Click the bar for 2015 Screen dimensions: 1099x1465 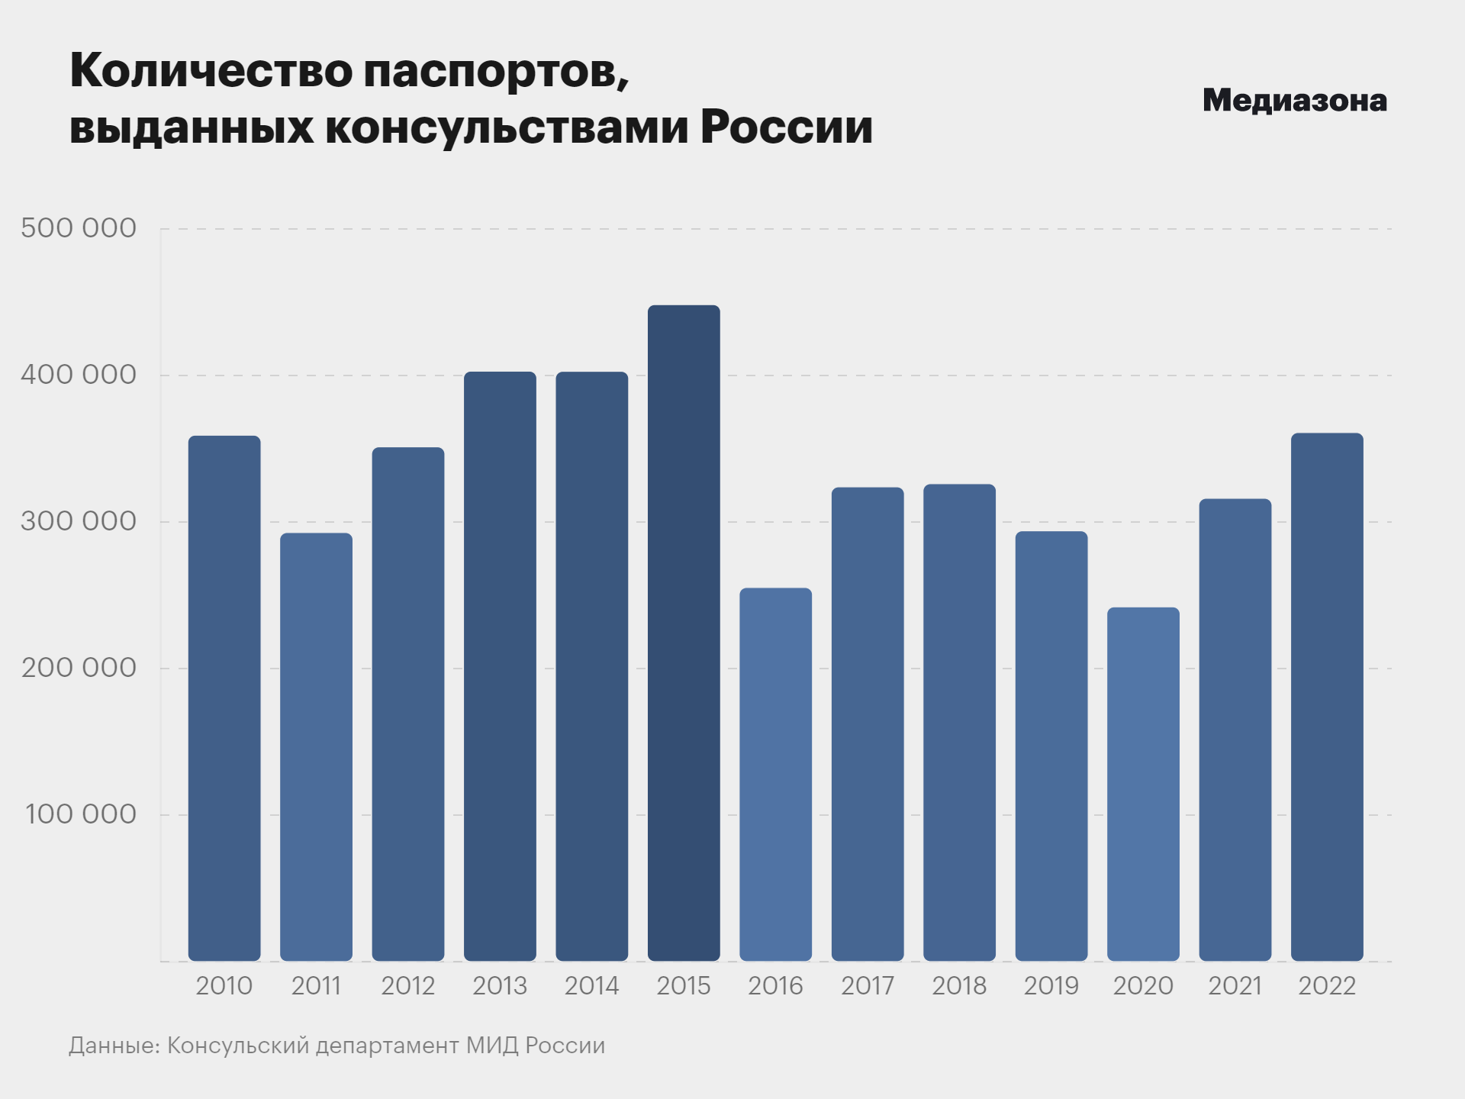click(x=684, y=633)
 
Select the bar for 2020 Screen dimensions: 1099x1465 click(x=1143, y=784)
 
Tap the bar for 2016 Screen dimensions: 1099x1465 click(x=775, y=774)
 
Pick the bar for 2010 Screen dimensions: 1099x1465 click(x=224, y=698)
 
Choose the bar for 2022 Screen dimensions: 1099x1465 click(x=1327, y=696)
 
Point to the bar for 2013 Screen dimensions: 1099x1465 click(x=500, y=666)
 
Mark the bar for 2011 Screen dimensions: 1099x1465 click(x=316, y=746)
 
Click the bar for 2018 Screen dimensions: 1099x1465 click(x=959, y=722)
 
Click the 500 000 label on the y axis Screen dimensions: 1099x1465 click(x=79, y=228)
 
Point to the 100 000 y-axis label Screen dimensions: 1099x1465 click(x=81, y=814)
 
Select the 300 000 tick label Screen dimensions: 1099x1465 click(x=79, y=521)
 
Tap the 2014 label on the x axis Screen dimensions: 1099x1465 click(x=591, y=986)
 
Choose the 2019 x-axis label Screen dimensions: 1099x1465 click(x=1051, y=986)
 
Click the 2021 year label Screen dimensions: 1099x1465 click(x=1235, y=986)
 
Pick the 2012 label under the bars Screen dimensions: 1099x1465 click(x=407, y=986)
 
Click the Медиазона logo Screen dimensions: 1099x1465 click(x=1294, y=101)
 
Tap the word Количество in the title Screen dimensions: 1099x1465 click(x=211, y=71)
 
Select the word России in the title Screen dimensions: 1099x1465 click(x=786, y=127)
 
